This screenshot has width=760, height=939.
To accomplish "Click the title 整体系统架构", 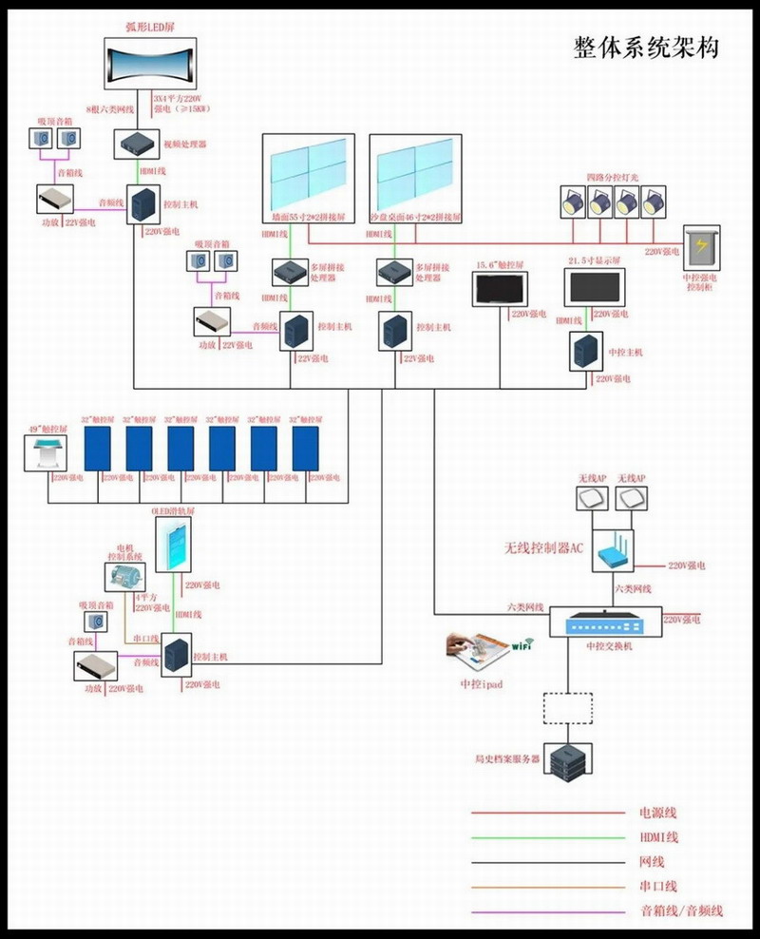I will [646, 48].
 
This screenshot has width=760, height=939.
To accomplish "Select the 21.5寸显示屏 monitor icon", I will [595, 287].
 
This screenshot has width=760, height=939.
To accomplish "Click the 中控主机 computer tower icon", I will [583, 352].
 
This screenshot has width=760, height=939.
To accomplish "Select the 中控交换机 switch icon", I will [604, 623].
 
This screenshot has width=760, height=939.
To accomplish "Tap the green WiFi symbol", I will [522, 646].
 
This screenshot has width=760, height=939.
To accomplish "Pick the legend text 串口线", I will [658, 886].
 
